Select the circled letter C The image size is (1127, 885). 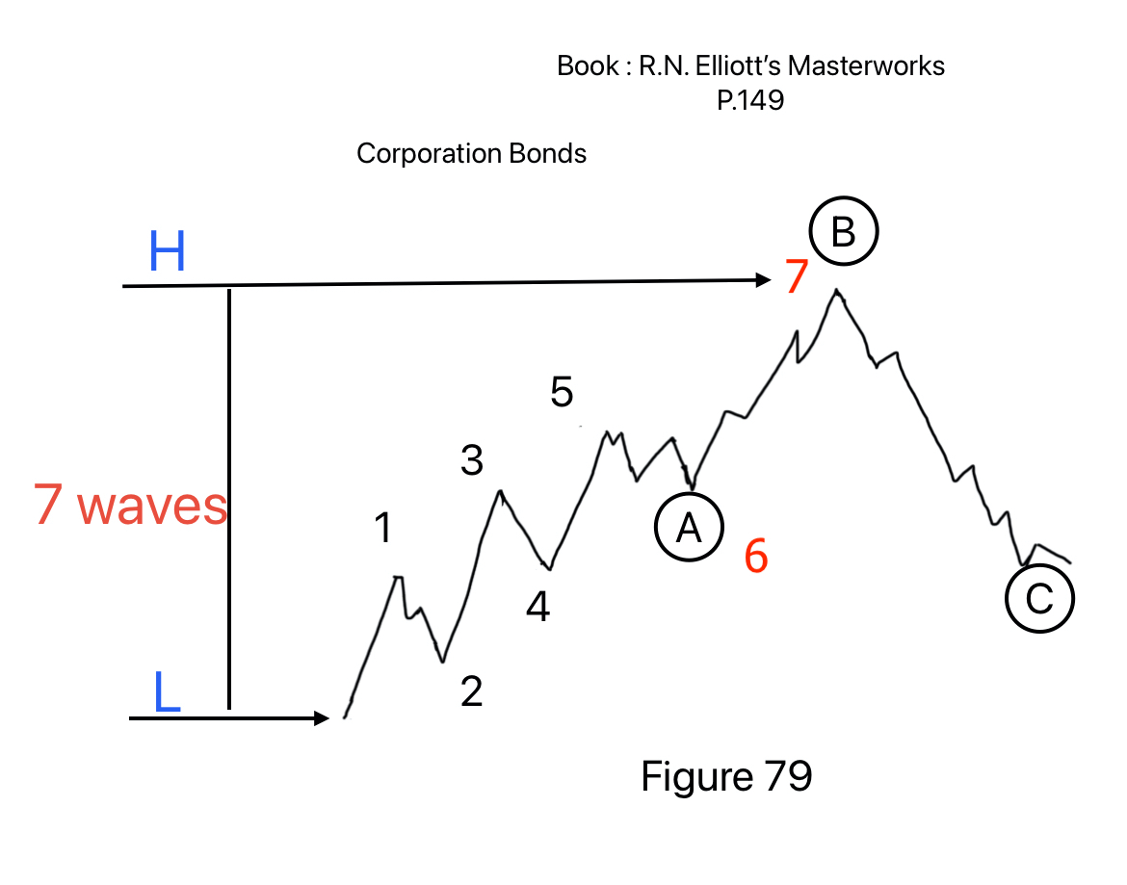click(1039, 599)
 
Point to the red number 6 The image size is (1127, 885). click(756, 558)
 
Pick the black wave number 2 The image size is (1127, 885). click(471, 691)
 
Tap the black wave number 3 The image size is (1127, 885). click(472, 461)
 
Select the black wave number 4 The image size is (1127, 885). click(537, 606)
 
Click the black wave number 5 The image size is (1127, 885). click(563, 393)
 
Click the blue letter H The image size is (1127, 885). click(167, 253)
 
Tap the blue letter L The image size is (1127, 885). click(167, 693)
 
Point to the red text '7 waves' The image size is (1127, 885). click(131, 507)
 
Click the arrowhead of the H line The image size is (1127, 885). click(764, 280)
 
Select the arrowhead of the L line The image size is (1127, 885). click(322, 717)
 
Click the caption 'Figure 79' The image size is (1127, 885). click(726, 776)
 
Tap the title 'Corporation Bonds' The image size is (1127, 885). click(471, 153)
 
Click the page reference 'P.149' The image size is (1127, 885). click(750, 100)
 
